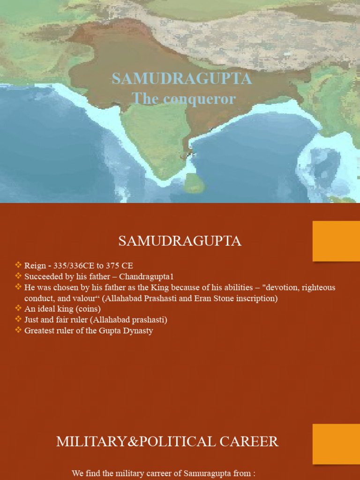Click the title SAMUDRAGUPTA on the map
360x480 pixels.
182,79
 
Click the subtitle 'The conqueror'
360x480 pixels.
183,98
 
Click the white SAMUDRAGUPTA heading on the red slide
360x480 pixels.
180,241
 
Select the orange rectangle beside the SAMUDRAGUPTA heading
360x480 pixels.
336,241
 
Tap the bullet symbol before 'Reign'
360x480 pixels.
18,265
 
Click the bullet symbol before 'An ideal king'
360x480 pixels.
18,308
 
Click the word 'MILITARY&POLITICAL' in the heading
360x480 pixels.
121,442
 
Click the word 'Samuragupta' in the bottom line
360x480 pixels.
208,473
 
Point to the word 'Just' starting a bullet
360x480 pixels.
32,320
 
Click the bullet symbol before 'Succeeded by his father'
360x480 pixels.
18,276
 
